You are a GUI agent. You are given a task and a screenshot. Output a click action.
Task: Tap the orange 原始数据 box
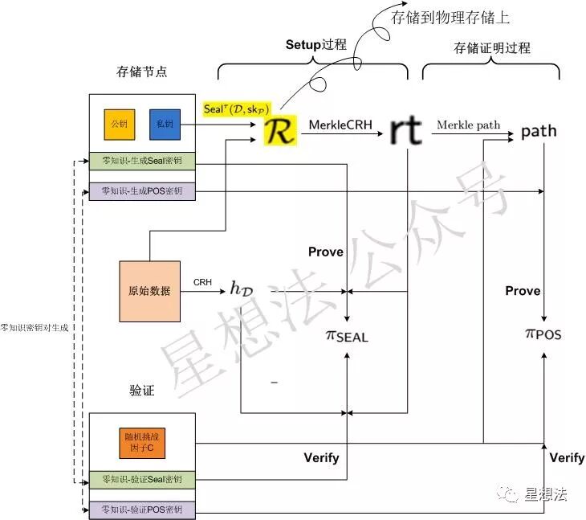(149, 291)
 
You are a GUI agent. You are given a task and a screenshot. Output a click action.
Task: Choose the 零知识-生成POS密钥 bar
(142, 191)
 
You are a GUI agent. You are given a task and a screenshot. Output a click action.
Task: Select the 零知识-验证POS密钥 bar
(142, 510)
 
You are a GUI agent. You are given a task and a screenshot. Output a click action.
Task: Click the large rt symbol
(405, 129)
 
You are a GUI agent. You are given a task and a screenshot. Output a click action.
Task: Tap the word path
(539, 130)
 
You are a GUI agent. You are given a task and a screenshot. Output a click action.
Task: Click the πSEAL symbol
(347, 334)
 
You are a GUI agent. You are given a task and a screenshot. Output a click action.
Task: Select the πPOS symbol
(543, 333)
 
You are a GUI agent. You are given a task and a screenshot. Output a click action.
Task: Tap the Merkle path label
(468, 125)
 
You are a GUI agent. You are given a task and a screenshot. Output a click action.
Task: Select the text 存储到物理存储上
(450, 16)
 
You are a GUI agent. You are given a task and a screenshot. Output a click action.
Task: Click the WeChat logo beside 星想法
(507, 495)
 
